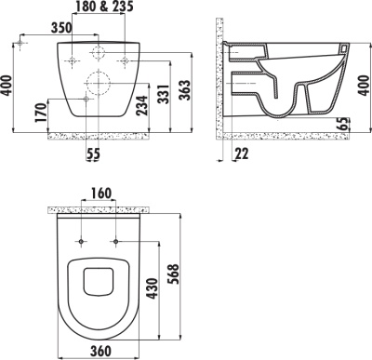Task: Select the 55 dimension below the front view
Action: (x=93, y=153)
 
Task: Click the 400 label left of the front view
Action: (x=9, y=88)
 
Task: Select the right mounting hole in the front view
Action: (x=125, y=62)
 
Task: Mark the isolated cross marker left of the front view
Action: (x=20, y=43)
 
